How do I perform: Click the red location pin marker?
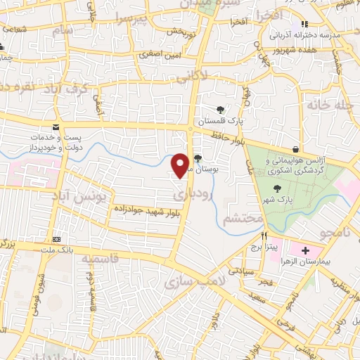pyautogui.click(x=181, y=165)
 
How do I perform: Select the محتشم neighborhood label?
pyautogui.click(x=243, y=220)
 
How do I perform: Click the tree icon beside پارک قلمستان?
pyautogui.click(x=221, y=109)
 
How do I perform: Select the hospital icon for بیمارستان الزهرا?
pyautogui.click(x=306, y=250)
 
